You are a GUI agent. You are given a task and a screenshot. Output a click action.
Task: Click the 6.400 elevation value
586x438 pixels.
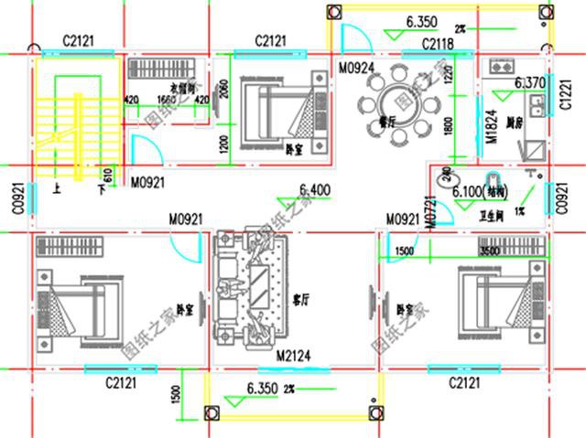315,190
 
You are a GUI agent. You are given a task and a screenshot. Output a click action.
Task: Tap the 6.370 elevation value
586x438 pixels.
530,83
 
